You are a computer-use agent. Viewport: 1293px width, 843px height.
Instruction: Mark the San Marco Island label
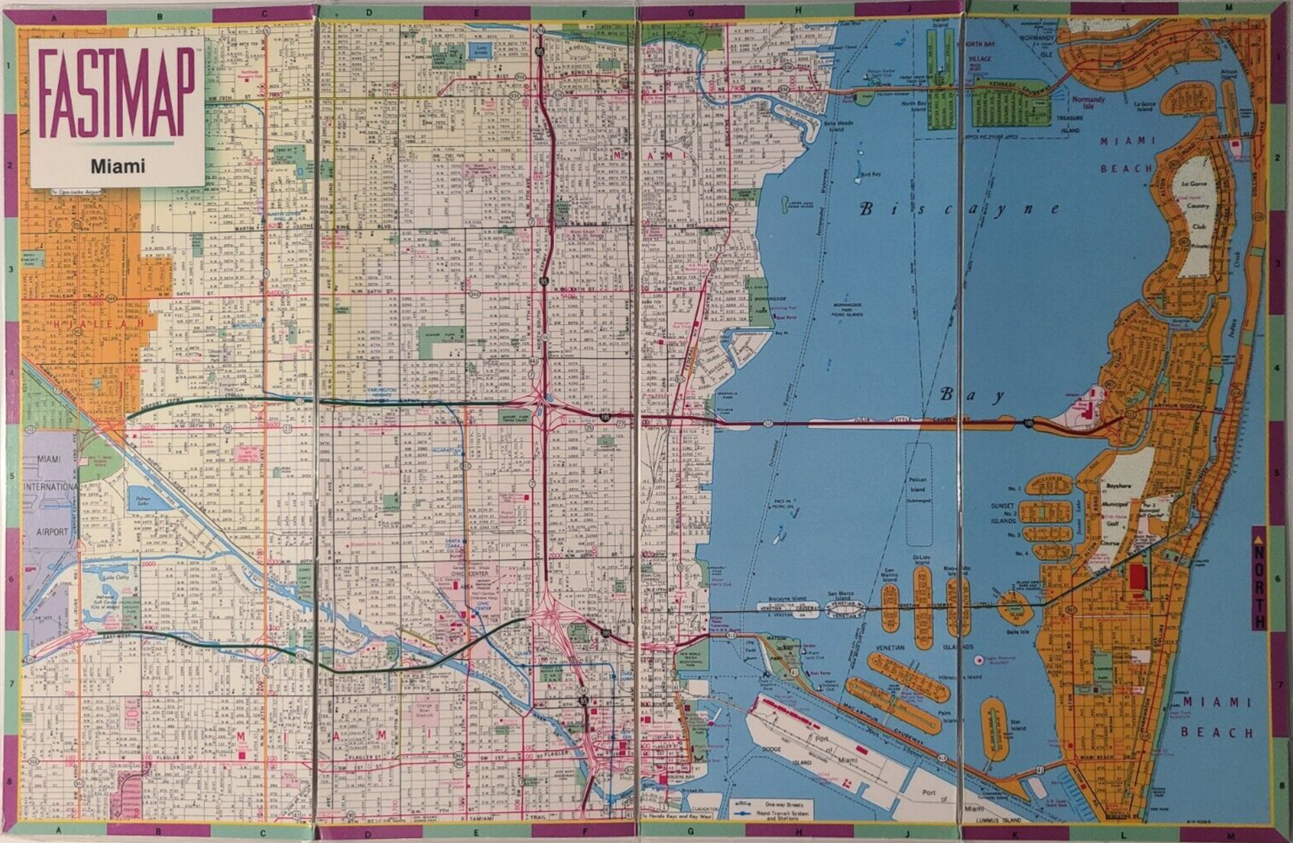point(840,596)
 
